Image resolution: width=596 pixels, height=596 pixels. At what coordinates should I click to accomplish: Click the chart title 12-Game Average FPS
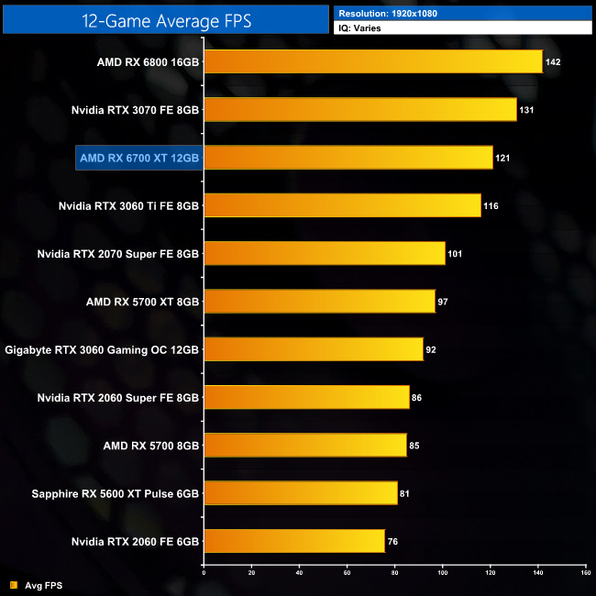(x=166, y=18)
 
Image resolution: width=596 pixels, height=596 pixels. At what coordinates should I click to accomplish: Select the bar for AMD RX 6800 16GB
(x=372, y=62)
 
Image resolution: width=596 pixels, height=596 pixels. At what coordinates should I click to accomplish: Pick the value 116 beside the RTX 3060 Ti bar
(x=491, y=205)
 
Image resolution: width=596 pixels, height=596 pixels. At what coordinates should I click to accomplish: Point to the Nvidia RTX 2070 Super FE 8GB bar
(x=324, y=253)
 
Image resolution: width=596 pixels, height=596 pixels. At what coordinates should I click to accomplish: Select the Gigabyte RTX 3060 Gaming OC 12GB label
(x=102, y=349)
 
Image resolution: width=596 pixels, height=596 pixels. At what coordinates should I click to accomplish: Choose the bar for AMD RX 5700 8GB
(x=304, y=445)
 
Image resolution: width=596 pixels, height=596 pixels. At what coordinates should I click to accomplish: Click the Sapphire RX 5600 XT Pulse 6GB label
(x=116, y=492)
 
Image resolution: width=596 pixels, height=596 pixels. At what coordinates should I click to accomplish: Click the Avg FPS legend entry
(x=40, y=584)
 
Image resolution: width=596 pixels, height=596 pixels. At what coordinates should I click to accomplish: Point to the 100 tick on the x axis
(x=442, y=572)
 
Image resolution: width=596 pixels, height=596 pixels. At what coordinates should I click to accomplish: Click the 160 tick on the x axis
(x=585, y=572)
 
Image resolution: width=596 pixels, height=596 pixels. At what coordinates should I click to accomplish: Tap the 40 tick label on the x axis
(x=299, y=572)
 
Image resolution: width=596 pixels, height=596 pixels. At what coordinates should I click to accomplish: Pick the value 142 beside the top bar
(x=552, y=62)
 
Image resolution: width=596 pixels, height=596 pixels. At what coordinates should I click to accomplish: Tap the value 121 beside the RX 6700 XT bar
(x=502, y=158)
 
